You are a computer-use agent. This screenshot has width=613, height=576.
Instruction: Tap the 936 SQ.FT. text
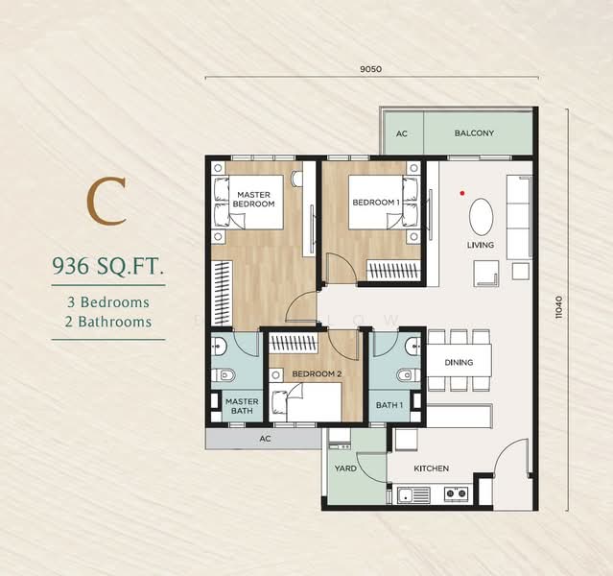click(x=107, y=267)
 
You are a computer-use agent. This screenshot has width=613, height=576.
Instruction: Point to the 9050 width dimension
click(x=370, y=69)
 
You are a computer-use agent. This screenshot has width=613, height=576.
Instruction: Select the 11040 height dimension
click(x=559, y=307)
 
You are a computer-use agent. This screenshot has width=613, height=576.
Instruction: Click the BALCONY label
click(x=474, y=133)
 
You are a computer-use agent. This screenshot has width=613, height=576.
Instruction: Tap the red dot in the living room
click(x=462, y=193)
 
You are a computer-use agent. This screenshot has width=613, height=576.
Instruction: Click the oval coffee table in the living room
click(x=481, y=217)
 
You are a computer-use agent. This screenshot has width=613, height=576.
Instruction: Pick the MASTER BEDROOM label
click(x=253, y=199)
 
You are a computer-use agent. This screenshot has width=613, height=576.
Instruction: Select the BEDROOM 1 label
click(x=376, y=203)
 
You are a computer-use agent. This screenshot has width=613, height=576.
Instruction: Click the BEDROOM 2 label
click(x=318, y=373)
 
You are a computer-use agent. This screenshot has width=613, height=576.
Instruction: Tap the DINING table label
click(x=459, y=362)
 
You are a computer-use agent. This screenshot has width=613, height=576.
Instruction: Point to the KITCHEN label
click(x=432, y=468)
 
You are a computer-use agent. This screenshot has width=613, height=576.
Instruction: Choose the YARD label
click(x=345, y=468)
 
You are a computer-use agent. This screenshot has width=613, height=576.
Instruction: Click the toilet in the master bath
click(x=224, y=375)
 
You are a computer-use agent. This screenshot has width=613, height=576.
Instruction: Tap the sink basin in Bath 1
click(x=413, y=346)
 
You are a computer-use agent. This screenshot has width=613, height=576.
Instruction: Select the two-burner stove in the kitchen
click(x=457, y=493)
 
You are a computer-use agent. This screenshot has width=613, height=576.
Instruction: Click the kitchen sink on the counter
click(x=413, y=495)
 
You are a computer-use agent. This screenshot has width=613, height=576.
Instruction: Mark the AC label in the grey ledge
click(x=265, y=439)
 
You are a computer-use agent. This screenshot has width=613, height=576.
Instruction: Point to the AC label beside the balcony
click(x=402, y=133)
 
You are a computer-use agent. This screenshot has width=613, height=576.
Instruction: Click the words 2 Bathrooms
click(x=108, y=322)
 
